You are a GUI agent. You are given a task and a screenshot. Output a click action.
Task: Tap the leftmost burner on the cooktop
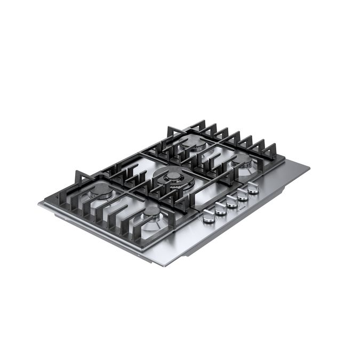101,192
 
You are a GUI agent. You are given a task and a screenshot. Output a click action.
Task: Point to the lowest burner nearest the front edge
152,213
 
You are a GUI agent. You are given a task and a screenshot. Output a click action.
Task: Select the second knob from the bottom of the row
221,209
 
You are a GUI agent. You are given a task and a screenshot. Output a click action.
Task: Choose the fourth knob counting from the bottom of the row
243,195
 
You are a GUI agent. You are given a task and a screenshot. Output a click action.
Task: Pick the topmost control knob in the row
253,188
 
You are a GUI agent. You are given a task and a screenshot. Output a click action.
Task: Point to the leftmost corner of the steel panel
39,204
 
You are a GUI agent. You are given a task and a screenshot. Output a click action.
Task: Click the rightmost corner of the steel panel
309,167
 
